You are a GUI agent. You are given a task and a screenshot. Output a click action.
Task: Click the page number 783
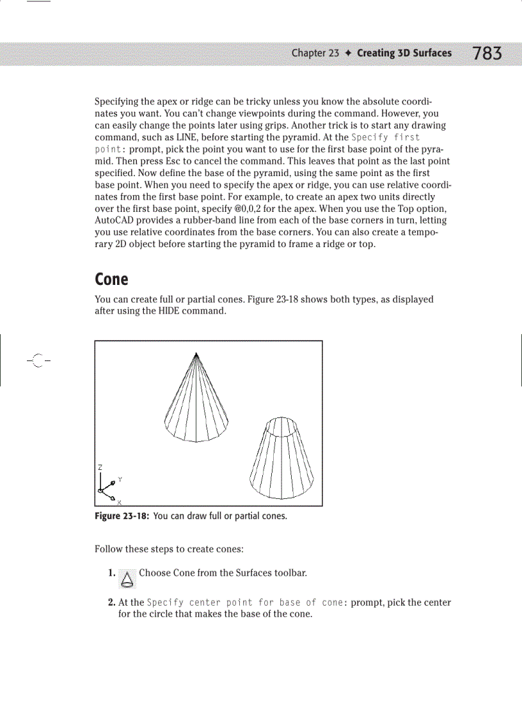pos(487,53)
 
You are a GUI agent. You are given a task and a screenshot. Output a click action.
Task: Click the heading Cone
pos(111,280)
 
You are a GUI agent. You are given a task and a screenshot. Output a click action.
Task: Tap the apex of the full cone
pos(196,353)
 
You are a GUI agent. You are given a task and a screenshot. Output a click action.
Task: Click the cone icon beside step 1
pos(128,579)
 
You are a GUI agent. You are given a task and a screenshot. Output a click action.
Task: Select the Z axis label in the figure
pos(100,467)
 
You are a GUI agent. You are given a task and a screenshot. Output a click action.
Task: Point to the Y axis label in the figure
pos(120,480)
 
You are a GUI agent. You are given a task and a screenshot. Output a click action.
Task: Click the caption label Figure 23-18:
pos(122,517)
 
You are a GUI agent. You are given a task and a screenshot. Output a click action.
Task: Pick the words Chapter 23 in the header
pos(315,53)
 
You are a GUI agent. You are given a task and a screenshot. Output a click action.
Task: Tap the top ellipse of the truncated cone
pos(281,426)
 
